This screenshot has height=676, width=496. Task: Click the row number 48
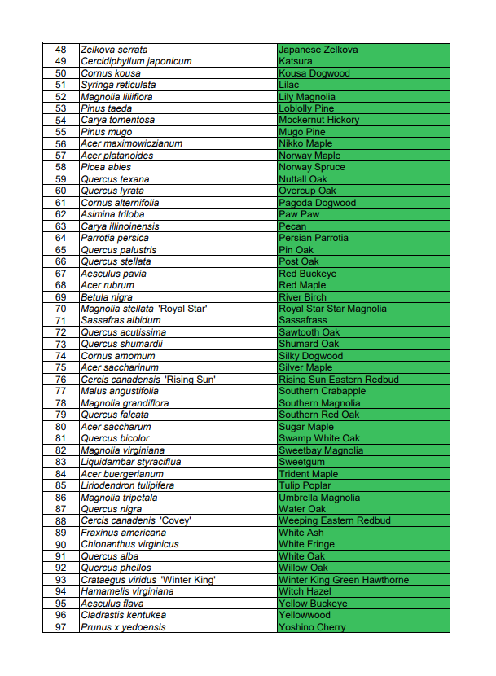pyautogui.click(x=61, y=50)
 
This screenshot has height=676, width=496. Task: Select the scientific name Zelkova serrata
pyautogui.click(x=114, y=50)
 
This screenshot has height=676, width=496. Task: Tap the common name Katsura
pyautogui.click(x=295, y=61)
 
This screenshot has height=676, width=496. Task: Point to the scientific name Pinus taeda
pyautogui.click(x=106, y=108)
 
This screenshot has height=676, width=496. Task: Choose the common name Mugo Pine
pyautogui.click(x=301, y=132)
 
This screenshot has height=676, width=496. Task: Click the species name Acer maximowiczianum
pyautogui.click(x=131, y=143)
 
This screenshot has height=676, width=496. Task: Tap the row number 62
pyautogui.click(x=61, y=214)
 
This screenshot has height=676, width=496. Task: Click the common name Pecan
pyautogui.click(x=292, y=226)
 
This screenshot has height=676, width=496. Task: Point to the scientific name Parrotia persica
pyautogui.click(x=115, y=238)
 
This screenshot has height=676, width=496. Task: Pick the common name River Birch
pyautogui.click(x=302, y=297)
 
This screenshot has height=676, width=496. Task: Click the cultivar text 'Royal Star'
pyautogui.click(x=184, y=309)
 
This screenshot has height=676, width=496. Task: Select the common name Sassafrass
pyautogui.click(x=302, y=321)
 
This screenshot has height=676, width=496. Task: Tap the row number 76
pyautogui.click(x=61, y=380)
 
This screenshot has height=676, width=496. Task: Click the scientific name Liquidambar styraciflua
pyautogui.click(x=130, y=462)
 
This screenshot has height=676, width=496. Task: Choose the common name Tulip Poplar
pyautogui.click(x=305, y=485)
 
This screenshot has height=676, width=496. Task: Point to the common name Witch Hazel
pyautogui.click(x=303, y=591)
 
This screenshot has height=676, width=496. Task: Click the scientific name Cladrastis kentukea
pyautogui.click(x=123, y=615)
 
